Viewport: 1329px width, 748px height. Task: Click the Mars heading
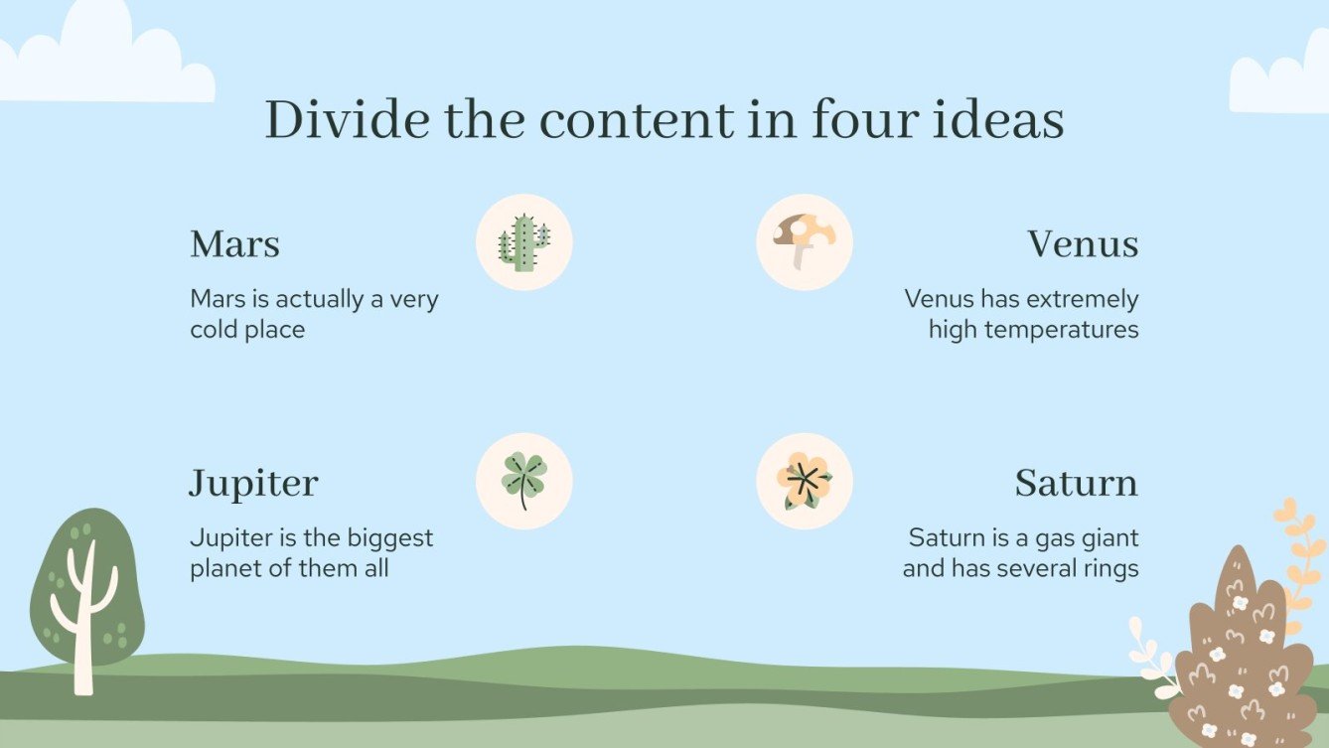[x=234, y=244]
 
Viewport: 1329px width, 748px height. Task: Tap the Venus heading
[x=1083, y=244]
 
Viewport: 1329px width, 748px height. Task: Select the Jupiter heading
[x=253, y=484]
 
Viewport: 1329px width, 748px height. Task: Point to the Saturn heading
[x=1076, y=484]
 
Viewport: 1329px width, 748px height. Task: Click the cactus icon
[x=524, y=242]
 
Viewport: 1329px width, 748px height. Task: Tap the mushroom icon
[x=805, y=242]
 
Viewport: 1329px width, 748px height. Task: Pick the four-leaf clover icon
[x=524, y=481]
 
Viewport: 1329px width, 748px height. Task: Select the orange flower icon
[x=805, y=481]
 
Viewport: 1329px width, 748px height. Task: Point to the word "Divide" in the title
[x=347, y=120]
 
